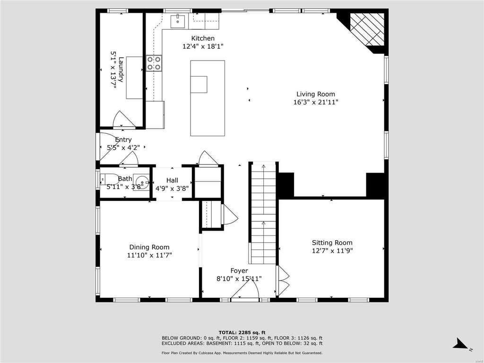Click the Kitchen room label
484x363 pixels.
203,38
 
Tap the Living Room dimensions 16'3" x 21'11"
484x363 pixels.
316,102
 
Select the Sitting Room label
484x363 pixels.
332,242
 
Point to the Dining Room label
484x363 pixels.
149,247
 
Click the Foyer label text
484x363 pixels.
239,271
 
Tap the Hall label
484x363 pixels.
172,180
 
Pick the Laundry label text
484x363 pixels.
121,69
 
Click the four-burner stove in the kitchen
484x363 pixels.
154,63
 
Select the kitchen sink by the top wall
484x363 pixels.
178,21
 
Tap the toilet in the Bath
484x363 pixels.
109,179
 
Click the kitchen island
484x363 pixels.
207,98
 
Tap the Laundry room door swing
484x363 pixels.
123,119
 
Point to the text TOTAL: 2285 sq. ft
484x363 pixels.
242,332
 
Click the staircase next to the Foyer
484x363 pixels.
263,213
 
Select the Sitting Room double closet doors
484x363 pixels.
283,281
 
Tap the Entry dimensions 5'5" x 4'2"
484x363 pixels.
123,147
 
